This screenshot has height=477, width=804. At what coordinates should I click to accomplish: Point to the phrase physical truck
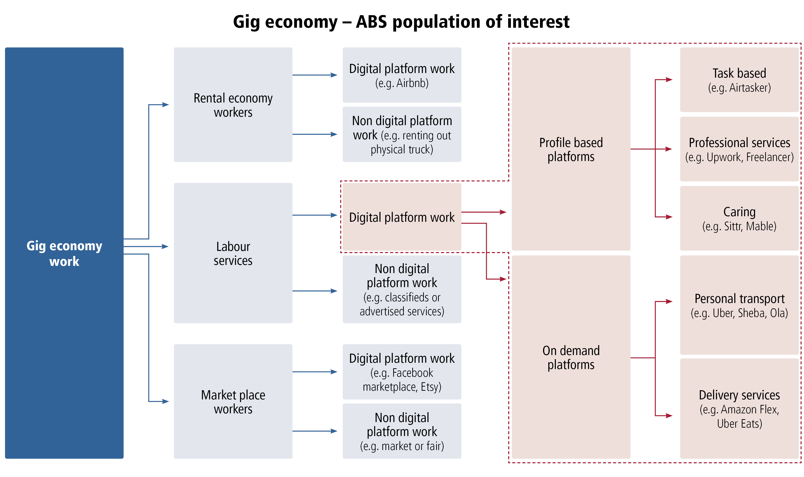(402, 149)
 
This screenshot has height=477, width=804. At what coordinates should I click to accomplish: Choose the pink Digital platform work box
(402, 217)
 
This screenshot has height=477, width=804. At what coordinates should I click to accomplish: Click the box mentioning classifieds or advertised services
(402, 289)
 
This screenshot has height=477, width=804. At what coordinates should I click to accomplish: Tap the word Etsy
(431, 387)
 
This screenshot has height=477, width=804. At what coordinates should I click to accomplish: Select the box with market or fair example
(402, 431)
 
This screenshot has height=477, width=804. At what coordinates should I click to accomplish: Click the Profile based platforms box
(571, 149)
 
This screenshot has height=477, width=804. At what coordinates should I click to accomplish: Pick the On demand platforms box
(571, 357)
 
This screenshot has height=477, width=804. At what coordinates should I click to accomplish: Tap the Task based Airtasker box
(739, 80)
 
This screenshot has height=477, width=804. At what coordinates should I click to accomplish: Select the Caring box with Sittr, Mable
(739, 218)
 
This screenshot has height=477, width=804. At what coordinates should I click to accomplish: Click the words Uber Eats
(739, 424)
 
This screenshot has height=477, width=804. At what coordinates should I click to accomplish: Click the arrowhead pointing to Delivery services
(669, 416)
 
